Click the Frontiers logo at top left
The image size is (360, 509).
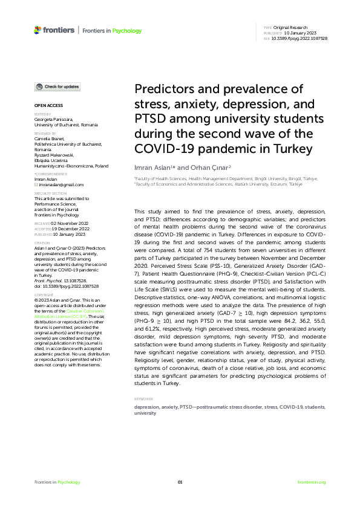click(54, 30)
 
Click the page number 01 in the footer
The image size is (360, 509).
click(180, 482)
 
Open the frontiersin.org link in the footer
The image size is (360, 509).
click(312, 482)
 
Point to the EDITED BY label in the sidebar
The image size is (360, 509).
click(42, 114)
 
